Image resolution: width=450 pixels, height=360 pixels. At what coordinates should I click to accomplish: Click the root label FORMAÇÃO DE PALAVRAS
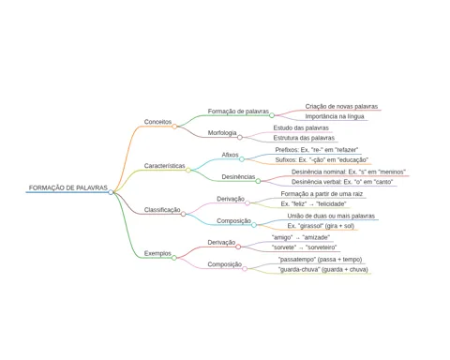point(68,187)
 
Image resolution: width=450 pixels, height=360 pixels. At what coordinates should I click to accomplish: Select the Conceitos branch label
point(157,122)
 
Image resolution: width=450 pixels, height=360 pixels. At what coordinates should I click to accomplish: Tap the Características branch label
point(165,166)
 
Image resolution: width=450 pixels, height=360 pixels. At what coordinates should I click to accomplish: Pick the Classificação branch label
point(162,210)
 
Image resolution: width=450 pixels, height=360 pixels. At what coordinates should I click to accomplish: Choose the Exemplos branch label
point(157,253)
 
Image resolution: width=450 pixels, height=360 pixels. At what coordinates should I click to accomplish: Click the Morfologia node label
point(222,133)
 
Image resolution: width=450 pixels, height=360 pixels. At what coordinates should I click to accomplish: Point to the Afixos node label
point(230,155)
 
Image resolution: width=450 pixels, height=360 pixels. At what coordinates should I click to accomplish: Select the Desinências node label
point(238,177)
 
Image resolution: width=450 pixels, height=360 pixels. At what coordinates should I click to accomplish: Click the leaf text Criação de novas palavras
point(341,107)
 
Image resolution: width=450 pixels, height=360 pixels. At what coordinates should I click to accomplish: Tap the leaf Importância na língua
point(335,116)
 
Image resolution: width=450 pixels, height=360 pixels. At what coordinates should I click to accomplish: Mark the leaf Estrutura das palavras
point(304,138)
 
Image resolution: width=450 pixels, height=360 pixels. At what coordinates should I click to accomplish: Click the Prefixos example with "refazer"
point(317,150)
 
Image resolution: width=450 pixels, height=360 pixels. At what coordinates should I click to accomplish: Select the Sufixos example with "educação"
point(322,160)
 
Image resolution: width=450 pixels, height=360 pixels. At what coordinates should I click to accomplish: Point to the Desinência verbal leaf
point(342,182)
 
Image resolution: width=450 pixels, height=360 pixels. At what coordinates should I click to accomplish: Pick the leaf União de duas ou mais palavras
point(331,216)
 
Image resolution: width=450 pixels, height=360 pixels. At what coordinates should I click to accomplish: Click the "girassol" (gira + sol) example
point(321,226)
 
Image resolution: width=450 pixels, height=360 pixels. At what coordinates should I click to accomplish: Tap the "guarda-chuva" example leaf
point(322,269)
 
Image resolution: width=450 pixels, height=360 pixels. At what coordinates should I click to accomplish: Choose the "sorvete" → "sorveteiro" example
point(304,247)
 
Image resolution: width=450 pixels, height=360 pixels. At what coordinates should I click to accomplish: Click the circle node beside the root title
point(111,192)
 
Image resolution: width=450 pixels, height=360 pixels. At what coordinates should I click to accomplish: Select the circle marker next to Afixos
point(242,159)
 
